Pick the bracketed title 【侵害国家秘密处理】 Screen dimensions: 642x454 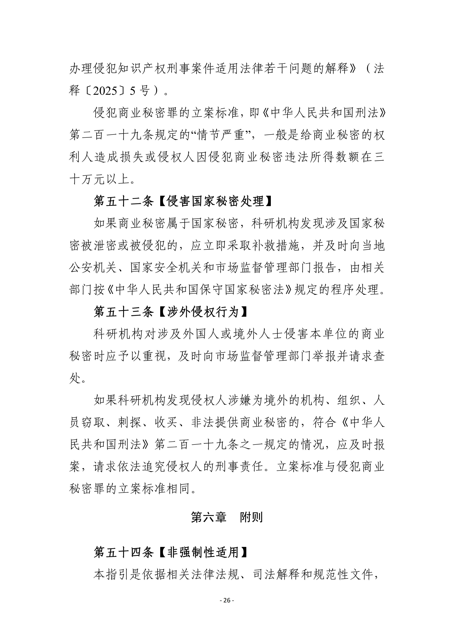click(215, 201)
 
